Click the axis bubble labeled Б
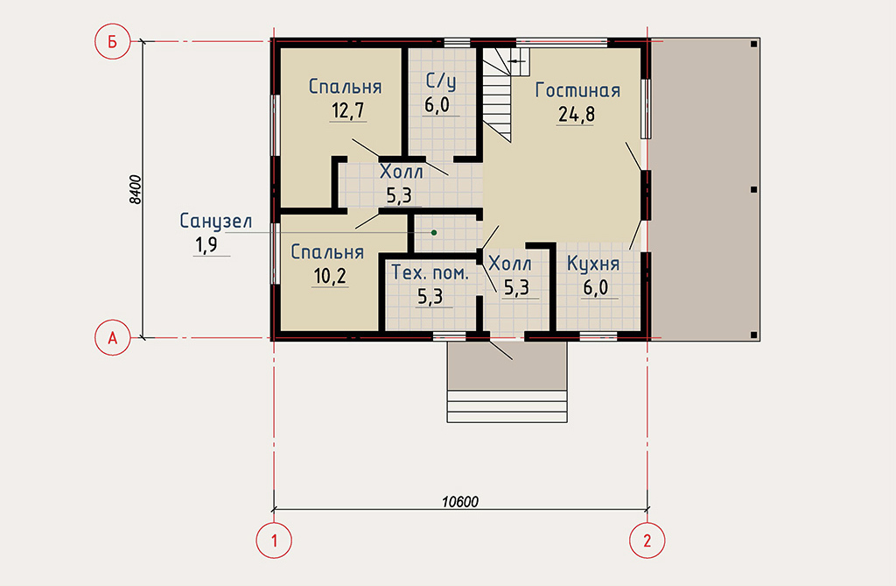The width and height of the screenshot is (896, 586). point(113,41)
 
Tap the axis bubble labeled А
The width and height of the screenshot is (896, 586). point(113,337)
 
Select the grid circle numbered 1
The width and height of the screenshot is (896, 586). point(274,540)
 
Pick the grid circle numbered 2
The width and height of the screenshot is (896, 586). point(647,540)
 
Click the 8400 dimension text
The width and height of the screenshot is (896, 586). point(135,189)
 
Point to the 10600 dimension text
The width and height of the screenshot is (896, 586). point(460,502)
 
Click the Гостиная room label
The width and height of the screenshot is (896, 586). point(577,90)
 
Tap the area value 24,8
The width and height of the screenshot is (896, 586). point(576,115)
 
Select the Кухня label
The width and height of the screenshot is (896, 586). point(593,264)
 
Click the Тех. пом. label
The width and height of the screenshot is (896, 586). point(430,272)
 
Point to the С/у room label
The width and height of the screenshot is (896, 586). point(441,81)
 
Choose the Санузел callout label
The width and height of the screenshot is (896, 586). point(216,222)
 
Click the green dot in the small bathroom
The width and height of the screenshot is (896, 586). point(434,232)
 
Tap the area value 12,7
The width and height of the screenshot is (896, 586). point(348,109)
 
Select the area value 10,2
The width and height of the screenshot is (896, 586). point(330,277)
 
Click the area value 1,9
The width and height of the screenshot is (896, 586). point(206,245)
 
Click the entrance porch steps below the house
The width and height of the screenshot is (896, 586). point(507,406)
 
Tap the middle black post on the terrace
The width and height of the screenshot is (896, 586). point(753,189)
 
